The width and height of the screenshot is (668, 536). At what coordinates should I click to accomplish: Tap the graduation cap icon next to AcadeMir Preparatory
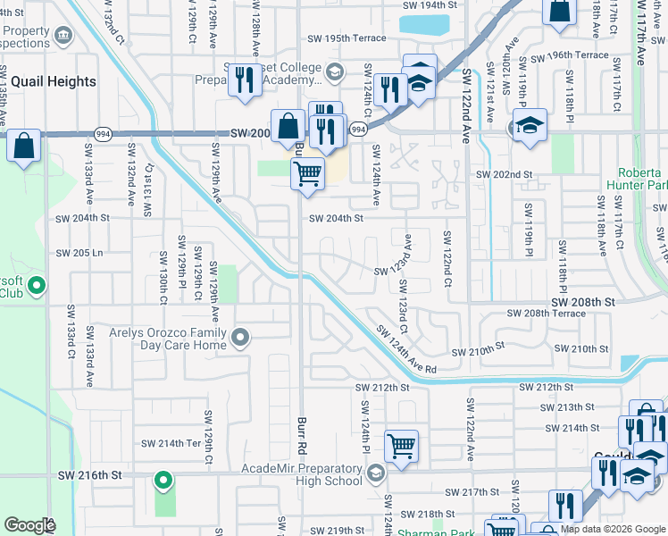click(376, 473)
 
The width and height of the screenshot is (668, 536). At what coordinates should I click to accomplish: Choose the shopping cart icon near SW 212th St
click(402, 444)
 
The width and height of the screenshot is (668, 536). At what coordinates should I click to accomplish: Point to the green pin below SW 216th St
click(163, 482)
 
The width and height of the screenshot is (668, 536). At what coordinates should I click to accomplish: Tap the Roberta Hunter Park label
click(642, 179)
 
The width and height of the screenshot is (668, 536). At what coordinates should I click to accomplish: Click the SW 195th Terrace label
click(346, 38)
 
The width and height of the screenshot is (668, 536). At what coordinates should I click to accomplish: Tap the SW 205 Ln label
click(79, 253)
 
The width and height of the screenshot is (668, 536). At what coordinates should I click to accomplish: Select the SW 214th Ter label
click(172, 443)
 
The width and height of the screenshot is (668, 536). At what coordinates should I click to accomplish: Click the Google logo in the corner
click(29, 525)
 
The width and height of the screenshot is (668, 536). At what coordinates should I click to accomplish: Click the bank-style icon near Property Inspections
click(63, 35)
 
